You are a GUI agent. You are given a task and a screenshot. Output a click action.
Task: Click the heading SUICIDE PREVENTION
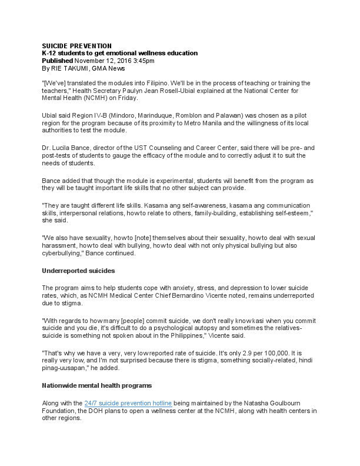pos(76,46)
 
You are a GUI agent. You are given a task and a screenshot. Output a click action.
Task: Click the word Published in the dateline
pos(57,61)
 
